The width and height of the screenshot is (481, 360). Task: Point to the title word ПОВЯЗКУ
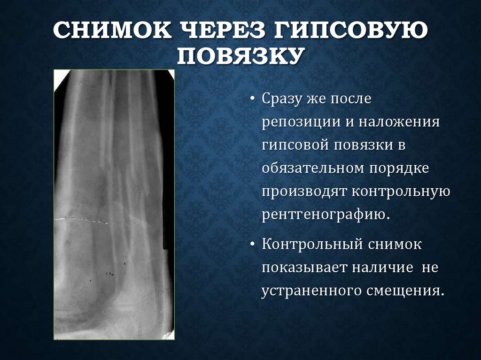coord(240,56)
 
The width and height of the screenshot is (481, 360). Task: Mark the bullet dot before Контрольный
coord(253,245)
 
